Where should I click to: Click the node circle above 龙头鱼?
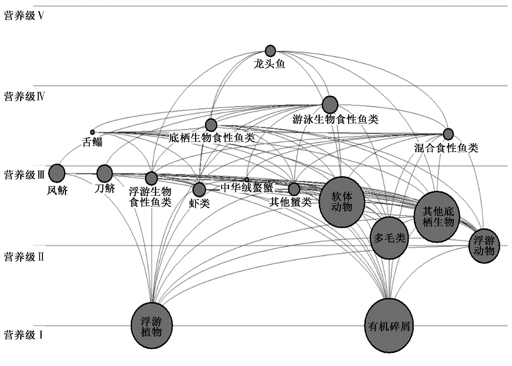(270, 51)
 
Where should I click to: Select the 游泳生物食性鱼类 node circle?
(330, 104)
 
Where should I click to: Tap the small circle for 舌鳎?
(92, 132)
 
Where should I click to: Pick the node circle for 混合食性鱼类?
(448, 134)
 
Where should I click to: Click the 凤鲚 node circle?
(57, 173)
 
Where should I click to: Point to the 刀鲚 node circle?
(105, 173)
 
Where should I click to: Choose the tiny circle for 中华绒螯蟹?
(246, 179)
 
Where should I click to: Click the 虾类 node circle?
(199, 190)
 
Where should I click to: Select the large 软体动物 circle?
(342, 202)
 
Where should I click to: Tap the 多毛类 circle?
(389, 238)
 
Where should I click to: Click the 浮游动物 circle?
(484, 246)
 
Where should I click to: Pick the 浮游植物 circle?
(152, 326)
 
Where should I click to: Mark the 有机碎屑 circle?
(389, 326)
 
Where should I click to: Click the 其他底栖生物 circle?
(437, 217)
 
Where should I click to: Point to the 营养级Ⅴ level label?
(24, 16)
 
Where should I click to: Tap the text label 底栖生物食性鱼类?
(212, 138)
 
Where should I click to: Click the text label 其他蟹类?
(290, 202)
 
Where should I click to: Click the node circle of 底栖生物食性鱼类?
(211, 125)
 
